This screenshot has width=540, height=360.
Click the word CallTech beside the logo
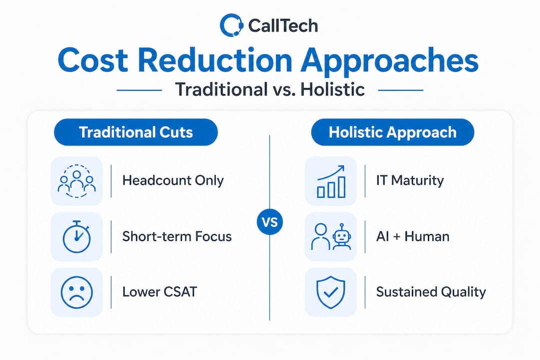282,26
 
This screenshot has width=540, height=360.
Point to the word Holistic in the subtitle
332,89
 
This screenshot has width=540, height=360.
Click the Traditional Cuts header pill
135,132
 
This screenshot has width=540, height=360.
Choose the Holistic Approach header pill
392,132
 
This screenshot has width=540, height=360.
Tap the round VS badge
269,222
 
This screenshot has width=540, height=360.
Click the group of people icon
76,181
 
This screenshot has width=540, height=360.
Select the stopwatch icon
76,237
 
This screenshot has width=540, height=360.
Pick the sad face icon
77,292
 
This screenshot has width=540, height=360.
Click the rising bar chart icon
331,181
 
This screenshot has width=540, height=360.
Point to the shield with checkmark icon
330,292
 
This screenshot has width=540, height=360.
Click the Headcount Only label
173,180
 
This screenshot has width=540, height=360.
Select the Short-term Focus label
177,236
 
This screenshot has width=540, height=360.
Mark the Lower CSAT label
159,292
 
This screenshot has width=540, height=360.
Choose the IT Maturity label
410,180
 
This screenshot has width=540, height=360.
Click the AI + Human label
412,236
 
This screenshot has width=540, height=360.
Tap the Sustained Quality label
431,292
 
